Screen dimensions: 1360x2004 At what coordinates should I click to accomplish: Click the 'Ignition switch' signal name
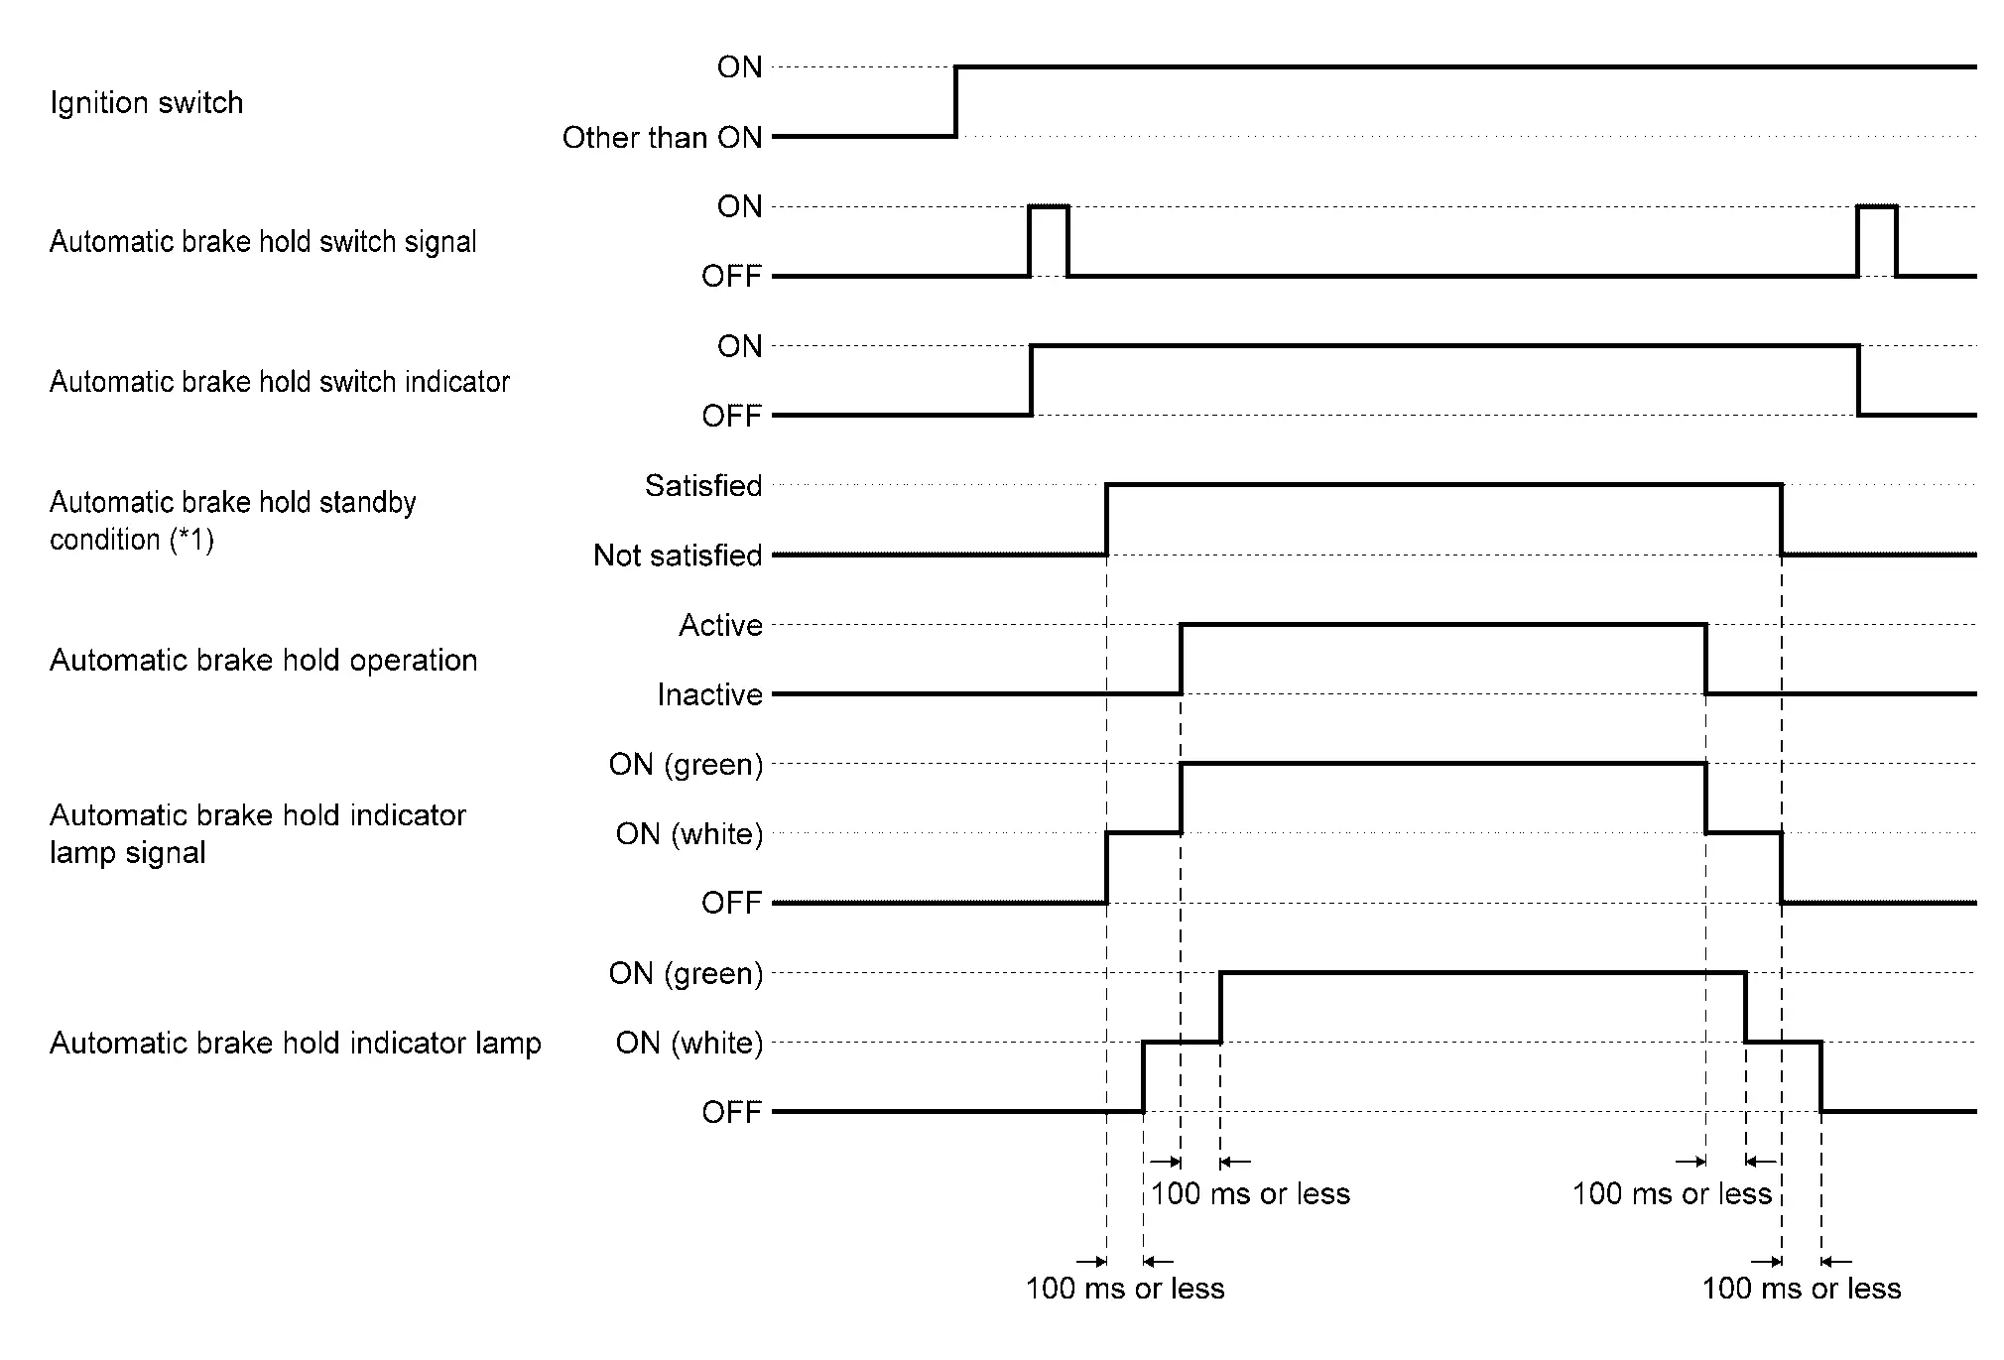click(146, 103)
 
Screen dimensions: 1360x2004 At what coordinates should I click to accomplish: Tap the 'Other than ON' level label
click(662, 138)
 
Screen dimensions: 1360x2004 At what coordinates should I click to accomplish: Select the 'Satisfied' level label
click(703, 486)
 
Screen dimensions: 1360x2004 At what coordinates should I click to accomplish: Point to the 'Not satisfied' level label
click(678, 556)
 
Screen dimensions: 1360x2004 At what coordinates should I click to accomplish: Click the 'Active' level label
click(720, 626)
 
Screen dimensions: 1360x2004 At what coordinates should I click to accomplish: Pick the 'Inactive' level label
click(709, 695)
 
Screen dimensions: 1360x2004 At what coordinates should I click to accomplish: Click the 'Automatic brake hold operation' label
click(263, 661)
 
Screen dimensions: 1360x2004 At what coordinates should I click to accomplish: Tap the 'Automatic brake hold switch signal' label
click(263, 242)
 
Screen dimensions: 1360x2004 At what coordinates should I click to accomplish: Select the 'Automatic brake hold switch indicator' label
click(279, 382)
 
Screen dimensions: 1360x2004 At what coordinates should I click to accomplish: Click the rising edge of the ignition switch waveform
click(955, 101)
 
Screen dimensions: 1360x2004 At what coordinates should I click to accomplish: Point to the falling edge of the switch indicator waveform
click(1858, 381)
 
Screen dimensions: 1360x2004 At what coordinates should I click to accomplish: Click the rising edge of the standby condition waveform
click(1106, 520)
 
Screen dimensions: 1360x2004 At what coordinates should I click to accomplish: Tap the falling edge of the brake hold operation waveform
click(1705, 660)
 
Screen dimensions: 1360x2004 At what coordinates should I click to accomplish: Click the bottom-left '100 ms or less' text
click(1125, 1289)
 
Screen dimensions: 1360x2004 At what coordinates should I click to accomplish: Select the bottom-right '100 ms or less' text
click(1802, 1289)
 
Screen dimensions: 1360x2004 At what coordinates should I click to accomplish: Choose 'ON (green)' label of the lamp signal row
click(686, 765)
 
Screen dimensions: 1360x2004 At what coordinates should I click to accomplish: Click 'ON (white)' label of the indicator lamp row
click(689, 1044)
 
